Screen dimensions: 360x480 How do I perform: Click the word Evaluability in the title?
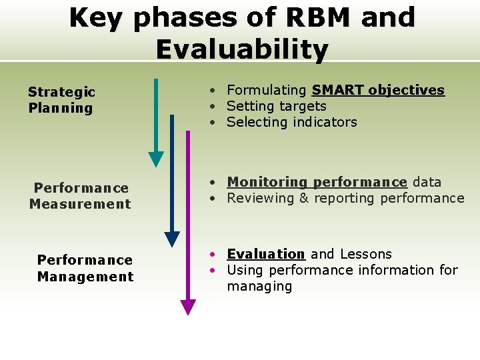(241, 49)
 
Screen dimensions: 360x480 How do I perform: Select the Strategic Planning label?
(61, 100)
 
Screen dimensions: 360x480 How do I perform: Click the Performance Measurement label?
(81, 196)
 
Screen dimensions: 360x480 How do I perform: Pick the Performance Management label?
(85, 268)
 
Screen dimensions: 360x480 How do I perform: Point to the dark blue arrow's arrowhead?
(172, 239)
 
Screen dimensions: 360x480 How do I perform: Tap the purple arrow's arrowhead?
(188, 307)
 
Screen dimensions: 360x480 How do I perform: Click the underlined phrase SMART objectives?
(378, 90)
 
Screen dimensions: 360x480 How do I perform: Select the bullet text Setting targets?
(276, 106)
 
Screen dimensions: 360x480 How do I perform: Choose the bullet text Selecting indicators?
(291, 122)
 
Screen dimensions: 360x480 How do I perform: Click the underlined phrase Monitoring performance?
(317, 182)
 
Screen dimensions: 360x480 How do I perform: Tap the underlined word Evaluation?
(265, 254)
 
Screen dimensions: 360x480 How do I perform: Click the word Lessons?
(365, 254)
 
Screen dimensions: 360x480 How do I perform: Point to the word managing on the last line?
(259, 287)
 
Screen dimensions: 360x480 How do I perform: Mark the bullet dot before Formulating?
(210, 90)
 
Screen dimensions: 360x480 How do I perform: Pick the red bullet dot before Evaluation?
(210, 254)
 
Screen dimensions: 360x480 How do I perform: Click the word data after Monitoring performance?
(427, 182)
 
